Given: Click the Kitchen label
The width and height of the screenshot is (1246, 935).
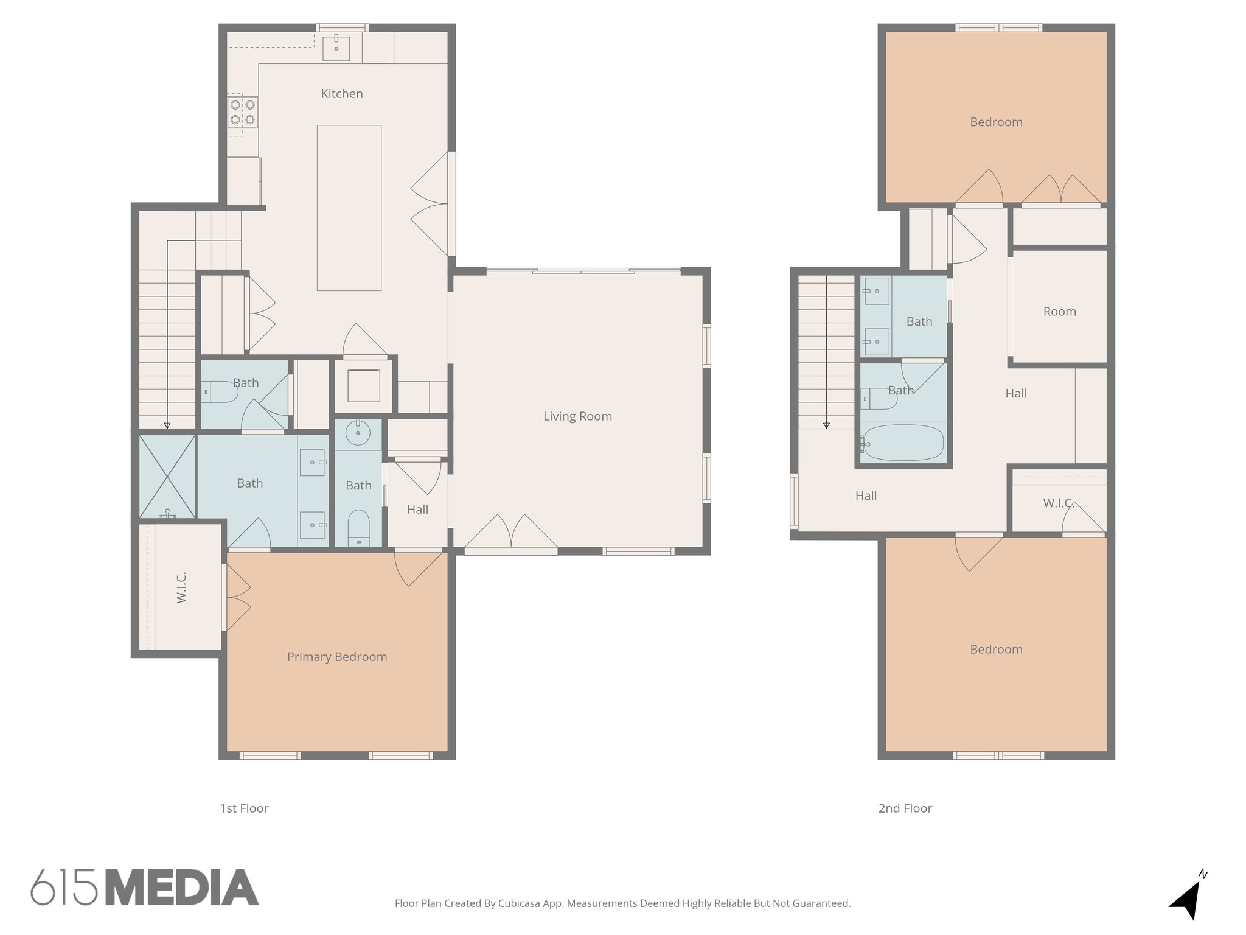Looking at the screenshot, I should coord(342,94).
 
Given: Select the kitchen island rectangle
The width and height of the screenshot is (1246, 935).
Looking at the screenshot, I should coord(349,208).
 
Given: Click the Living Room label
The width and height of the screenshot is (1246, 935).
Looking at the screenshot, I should coord(577,416).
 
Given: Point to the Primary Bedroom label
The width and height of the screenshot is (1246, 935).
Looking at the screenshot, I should coord(337,657).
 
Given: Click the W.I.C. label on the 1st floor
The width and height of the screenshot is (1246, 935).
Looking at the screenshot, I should coord(181,587).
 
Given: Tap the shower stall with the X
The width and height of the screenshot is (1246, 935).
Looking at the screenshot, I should coord(167,477).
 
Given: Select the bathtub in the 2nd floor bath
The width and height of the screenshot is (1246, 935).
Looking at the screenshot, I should coord(903,443).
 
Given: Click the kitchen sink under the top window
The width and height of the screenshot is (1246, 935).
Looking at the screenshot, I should coord(336,47).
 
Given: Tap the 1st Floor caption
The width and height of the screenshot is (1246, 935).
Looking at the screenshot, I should coord(244,808).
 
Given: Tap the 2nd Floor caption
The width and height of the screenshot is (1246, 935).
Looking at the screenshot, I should coord(905,808).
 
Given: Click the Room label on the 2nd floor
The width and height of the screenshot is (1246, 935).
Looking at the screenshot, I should coord(1059,312).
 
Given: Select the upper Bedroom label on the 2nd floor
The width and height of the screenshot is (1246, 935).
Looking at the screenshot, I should coord(996,122).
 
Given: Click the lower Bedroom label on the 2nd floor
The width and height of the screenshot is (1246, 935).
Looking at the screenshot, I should coord(996,650).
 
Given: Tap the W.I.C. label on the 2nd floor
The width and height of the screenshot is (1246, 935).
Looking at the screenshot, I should coord(1059,503).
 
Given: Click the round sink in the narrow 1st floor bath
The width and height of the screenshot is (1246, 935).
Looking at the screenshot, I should coord(358,434).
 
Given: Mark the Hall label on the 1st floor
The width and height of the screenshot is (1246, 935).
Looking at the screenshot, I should coord(417,510).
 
